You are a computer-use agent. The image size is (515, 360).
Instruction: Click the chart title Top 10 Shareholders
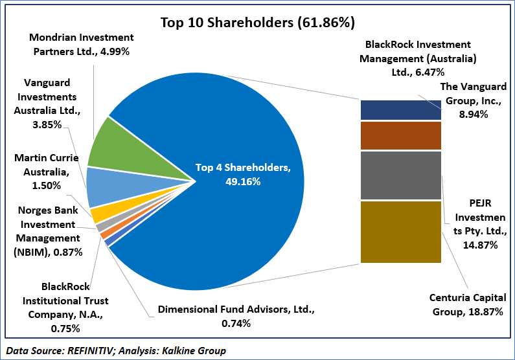257,23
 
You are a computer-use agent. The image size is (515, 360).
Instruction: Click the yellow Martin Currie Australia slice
101,214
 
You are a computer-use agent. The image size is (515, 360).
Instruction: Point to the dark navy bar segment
400,110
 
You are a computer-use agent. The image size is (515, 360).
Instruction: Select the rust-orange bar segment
400,135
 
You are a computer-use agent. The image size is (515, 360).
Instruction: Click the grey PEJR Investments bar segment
400,175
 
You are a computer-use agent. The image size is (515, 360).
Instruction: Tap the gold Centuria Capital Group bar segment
400,232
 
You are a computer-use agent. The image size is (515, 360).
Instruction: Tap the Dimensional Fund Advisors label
236,317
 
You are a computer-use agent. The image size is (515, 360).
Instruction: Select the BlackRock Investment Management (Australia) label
421,57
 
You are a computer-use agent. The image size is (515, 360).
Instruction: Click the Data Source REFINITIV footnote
117,350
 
